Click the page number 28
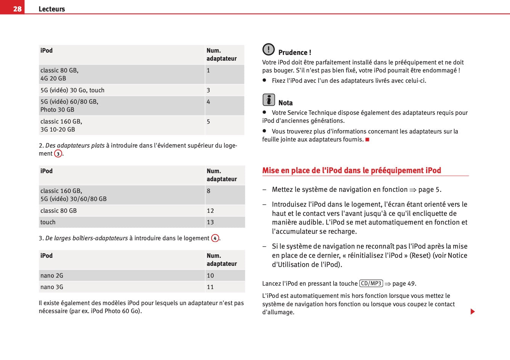coord(17,9)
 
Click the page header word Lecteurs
coord(52,9)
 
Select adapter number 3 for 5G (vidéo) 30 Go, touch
coord(208,90)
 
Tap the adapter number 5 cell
coord(208,122)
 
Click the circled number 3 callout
coord(58,154)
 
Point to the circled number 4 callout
coord(215,238)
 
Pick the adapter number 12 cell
coord(210,211)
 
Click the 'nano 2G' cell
coord(52,276)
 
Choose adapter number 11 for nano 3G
coord(210,287)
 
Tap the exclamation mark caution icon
coord(268,49)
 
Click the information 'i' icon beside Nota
coord(268,100)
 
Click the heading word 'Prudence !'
coord(295,53)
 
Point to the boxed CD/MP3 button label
coord(371,283)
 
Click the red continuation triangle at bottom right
coord(473,312)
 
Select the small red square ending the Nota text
coord(367,140)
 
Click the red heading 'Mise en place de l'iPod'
coord(351,170)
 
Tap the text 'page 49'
coord(404,284)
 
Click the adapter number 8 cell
coord(208,191)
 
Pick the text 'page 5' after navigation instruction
coord(429,190)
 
